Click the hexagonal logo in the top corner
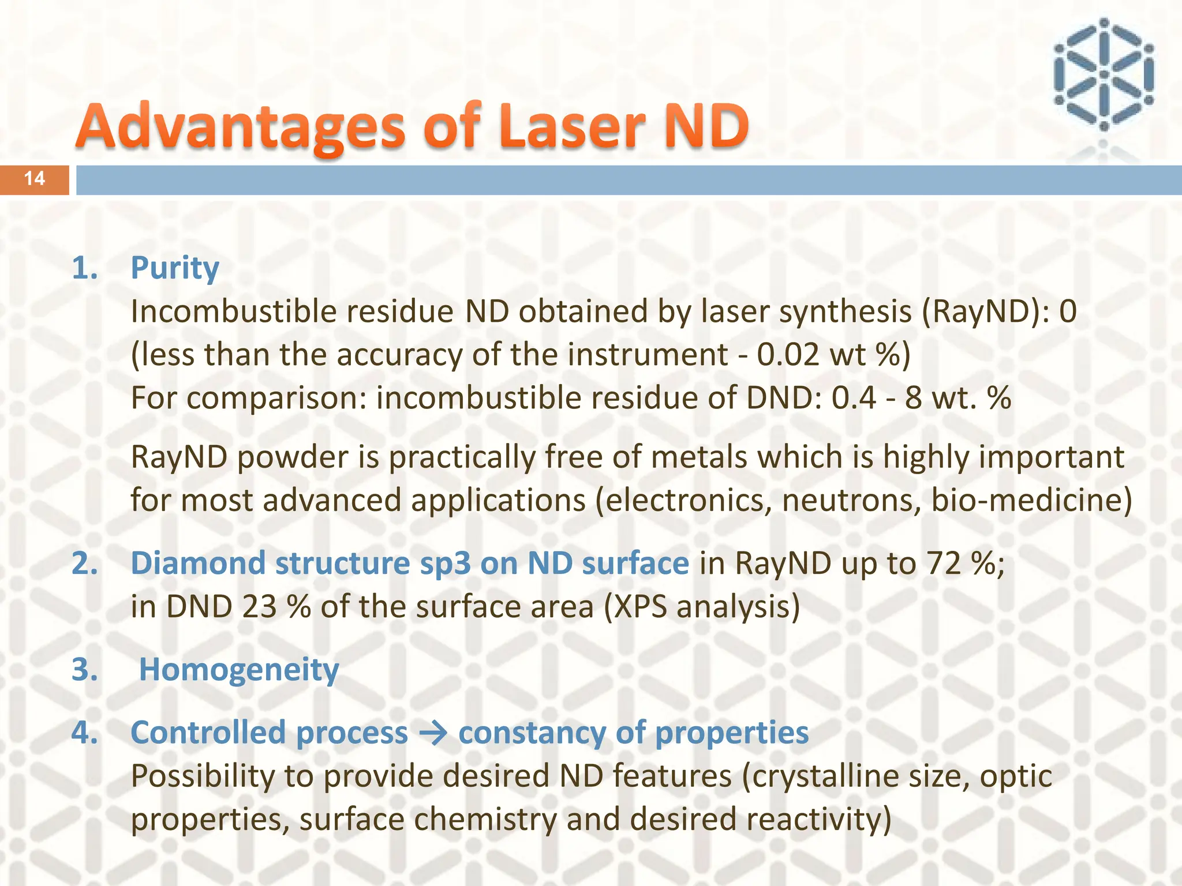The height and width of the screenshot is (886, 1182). (x=1103, y=74)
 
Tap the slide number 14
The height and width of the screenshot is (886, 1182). (x=35, y=179)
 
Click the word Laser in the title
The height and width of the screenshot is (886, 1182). (x=574, y=126)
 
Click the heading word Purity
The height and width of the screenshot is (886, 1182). (x=175, y=268)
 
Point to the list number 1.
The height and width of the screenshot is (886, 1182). (x=84, y=268)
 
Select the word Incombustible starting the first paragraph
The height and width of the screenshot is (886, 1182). (x=234, y=311)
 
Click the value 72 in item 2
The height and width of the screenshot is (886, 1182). (x=944, y=564)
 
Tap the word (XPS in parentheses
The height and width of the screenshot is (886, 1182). (x=635, y=607)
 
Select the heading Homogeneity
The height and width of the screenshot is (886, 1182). (x=239, y=670)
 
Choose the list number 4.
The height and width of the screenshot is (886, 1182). (x=84, y=733)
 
